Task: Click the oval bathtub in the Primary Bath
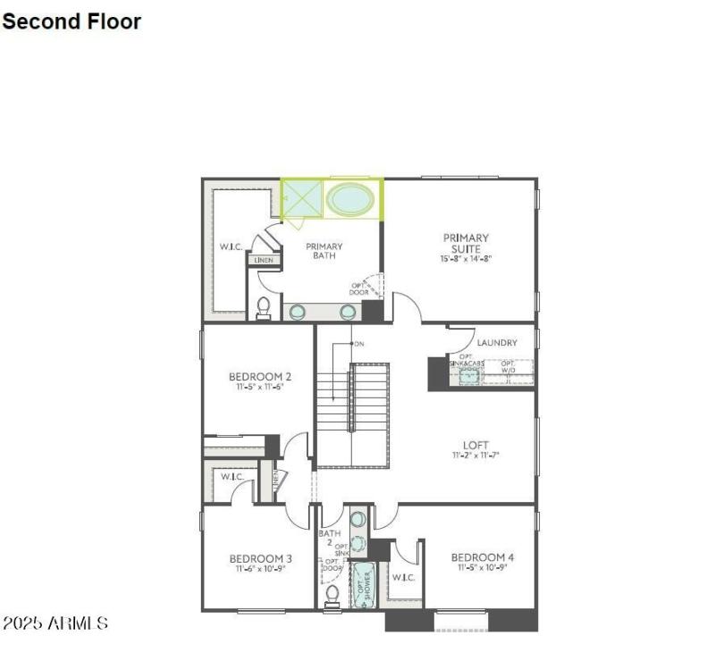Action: coord(349,198)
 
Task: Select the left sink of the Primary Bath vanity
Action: coord(298,312)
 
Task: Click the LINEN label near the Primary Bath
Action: coord(263,261)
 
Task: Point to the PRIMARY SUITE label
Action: coord(466,243)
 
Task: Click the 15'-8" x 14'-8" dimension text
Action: coord(466,259)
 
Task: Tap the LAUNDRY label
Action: coord(497,342)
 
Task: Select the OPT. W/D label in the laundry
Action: coord(508,366)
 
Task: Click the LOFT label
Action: coord(475,445)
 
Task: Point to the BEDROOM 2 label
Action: coord(259,376)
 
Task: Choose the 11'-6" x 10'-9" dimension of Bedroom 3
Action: coord(260,569)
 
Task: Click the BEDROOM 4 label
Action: coord(483,557)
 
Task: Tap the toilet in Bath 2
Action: coord(332,594)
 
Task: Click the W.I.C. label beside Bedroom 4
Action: coord(403,578)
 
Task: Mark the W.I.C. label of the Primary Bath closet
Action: coord(231,247)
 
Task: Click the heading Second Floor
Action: coord(71,21)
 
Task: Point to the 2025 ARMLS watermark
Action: coord(55,623)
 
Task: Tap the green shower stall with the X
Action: coord(301,198)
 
